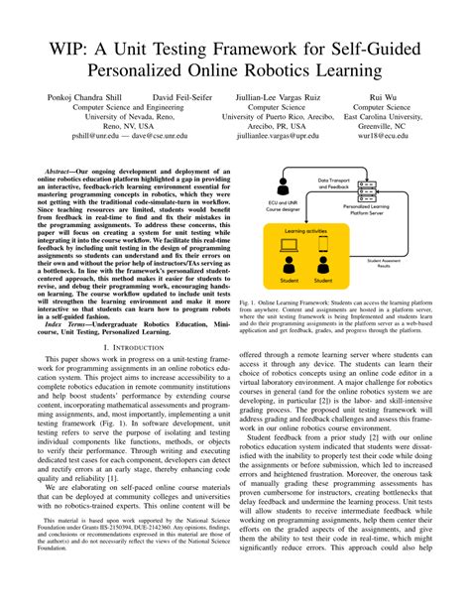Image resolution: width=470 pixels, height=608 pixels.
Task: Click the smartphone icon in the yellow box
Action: pyautogui.click(x=322, y=239)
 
